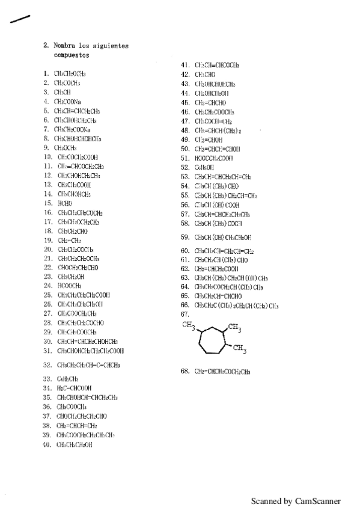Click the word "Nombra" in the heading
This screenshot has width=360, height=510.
(x=65, y=46)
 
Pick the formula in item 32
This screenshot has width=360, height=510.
(x=88, y=365)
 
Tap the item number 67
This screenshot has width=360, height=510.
(x=185, y=315)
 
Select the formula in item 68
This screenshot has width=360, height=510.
(x=222, y=372)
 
